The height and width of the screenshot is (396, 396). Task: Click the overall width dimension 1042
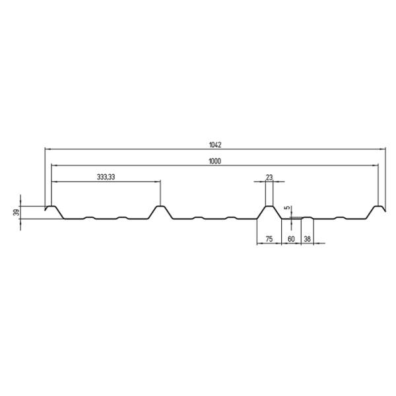pos(214,143)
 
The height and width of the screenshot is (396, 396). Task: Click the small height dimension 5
pos(286,208)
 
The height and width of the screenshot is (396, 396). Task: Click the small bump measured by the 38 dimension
pos(307,216)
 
